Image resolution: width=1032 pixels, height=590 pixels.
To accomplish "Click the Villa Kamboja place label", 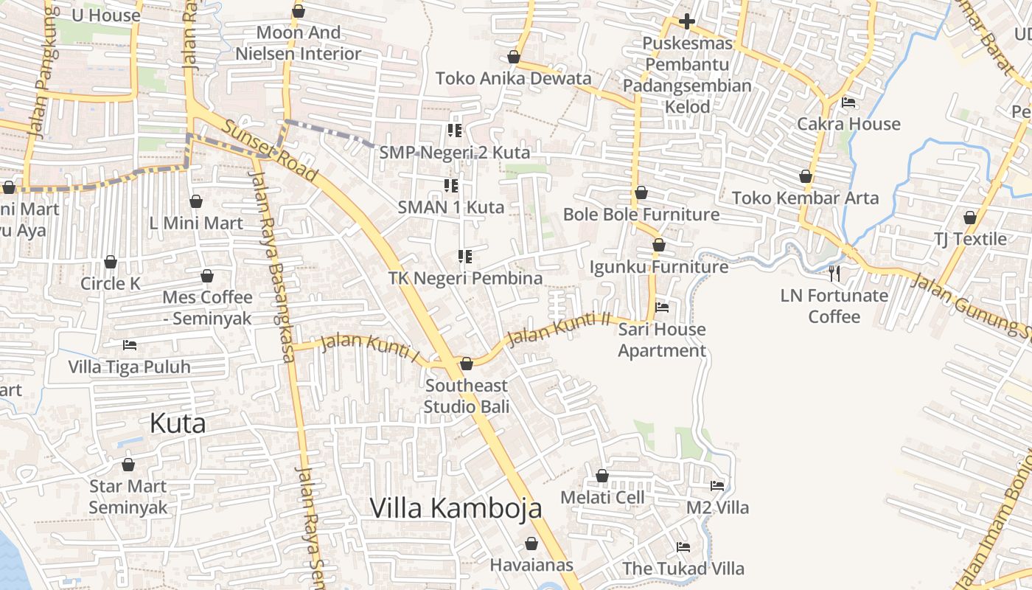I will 456,507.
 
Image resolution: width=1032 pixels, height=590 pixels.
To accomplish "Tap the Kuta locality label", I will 178,423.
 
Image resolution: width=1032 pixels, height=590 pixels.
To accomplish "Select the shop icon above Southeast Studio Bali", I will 466,364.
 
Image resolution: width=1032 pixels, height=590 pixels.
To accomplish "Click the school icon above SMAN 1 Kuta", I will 450,186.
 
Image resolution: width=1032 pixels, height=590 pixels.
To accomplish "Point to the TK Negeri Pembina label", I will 466,278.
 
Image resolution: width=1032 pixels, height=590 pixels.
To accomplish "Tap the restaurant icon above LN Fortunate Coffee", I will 834,274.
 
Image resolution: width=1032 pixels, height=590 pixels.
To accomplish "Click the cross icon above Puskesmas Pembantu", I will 686,21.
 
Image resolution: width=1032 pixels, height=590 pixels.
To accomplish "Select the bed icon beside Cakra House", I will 848,103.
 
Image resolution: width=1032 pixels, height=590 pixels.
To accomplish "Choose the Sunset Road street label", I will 270,152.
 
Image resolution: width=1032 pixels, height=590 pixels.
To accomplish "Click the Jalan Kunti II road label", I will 560,329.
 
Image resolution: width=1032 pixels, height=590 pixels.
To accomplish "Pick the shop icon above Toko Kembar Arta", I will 806,177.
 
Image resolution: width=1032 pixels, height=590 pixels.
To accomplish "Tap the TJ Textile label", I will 970,239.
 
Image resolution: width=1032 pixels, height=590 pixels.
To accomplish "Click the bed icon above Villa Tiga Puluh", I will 130,344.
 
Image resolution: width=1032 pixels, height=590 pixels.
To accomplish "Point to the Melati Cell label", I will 602,497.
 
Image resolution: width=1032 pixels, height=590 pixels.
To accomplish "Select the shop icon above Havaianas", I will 531,544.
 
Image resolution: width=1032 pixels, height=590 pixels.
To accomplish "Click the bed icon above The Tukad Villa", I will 683,547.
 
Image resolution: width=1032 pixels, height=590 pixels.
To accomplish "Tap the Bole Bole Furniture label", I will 641,215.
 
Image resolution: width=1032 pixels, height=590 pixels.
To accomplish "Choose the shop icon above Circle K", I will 111,262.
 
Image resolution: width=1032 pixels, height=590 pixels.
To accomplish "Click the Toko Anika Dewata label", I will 513,78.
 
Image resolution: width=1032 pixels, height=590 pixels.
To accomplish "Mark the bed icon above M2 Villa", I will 717,485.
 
